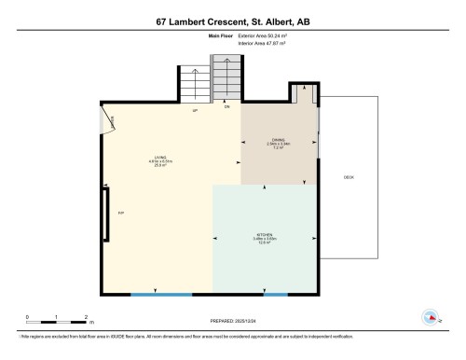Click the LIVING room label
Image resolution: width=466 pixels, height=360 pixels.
(x=160, y=158)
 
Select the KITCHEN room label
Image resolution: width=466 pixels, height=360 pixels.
(x=265, y=235)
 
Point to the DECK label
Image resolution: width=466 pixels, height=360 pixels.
(x=349, y=177)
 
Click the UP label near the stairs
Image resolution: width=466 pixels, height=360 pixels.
(x=195, y=113)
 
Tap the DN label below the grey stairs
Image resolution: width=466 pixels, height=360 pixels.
(x=226, y=107)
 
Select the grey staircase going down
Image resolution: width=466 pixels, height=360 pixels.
(x=226, y=78)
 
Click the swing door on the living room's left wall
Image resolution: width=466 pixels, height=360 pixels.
(x=108, y=121)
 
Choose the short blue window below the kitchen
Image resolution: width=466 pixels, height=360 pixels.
(x=275, y=295)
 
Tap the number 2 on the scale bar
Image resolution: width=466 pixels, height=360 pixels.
(x=86, y=317)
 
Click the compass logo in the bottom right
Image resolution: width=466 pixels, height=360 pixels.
(x=430, y=317)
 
